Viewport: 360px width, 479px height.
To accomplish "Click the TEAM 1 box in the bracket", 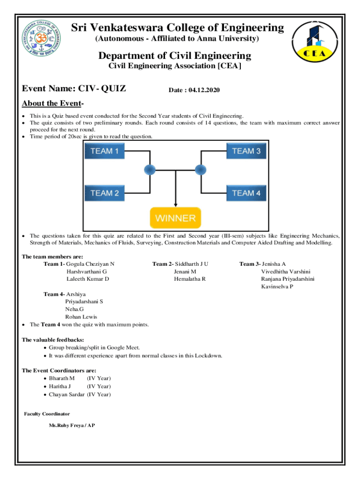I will (x=104, y=151).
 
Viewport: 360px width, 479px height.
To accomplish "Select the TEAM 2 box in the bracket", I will (x=104, y=193).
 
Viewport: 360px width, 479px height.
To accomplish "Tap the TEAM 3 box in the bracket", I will (x=246, y=151).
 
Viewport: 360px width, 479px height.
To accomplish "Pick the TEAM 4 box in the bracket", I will (x=246, y=193).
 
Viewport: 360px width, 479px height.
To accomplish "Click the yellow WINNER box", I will (x=175, y=218).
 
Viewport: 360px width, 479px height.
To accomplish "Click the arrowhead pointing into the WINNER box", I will (x=175, y=204).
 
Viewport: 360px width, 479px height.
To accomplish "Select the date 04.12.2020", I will (x=204, y=90).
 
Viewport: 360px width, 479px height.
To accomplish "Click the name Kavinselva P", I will (x=277, y=286).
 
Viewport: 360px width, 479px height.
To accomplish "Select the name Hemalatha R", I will (x=189, y=279).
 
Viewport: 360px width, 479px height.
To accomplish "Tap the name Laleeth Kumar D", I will (x=88, y=279).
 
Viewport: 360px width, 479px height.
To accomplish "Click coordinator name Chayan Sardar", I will (x=67, y=394).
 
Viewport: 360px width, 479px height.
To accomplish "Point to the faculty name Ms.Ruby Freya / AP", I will (x=72, y=426).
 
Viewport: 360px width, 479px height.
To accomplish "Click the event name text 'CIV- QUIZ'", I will (x=102, y=88).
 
